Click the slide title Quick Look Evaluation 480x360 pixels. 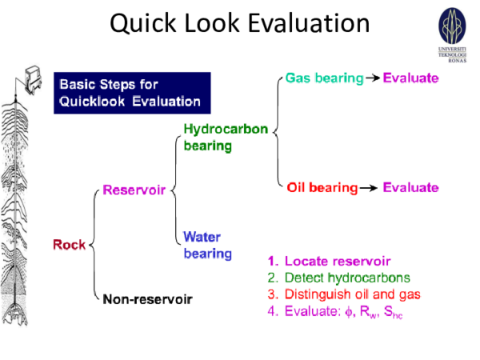[240, 23]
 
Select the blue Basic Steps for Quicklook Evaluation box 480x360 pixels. [131, 93]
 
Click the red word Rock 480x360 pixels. [70, 244]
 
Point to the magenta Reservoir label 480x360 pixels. [133, 190]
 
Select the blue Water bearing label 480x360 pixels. [207, 245]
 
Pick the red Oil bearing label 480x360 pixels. [322, 188]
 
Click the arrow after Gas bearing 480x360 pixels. [373, 78]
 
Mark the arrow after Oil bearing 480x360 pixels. [369, 188]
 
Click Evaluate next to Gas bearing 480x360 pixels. [411, 78]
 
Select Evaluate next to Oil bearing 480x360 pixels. [410, 188]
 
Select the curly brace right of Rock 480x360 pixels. [94, 244]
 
